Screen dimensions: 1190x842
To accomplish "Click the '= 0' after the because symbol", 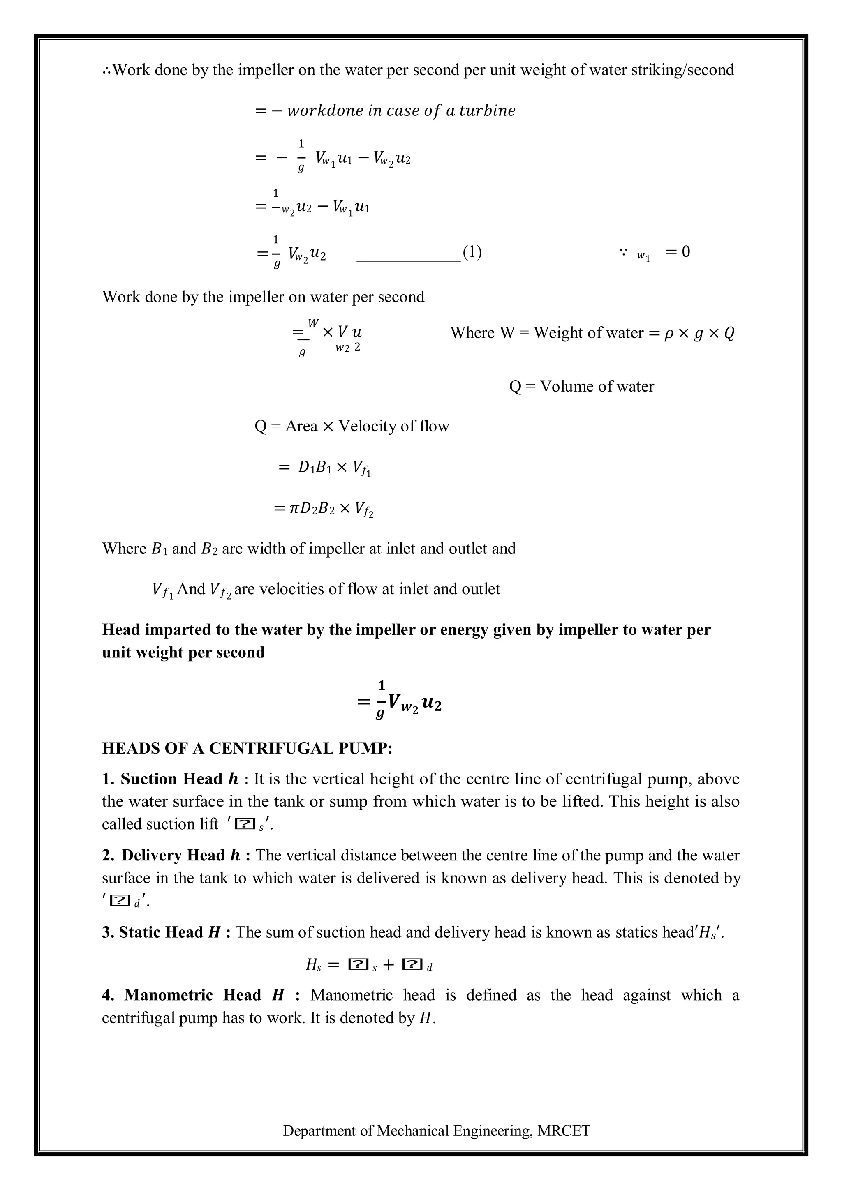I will click(678, 252).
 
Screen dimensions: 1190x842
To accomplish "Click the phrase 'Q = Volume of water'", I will click(581, 386).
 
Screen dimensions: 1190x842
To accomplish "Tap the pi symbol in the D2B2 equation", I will click(294, 508).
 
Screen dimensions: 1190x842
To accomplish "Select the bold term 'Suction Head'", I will click(171, 779).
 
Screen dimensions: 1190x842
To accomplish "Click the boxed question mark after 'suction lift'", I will click(244, 824).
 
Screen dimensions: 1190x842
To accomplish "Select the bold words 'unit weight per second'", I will click(183, 652).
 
